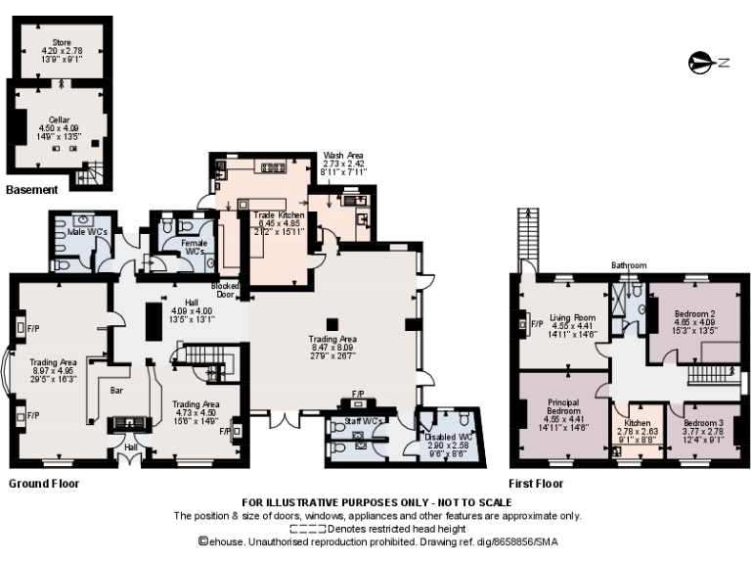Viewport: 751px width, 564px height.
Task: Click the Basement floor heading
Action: click(x=31, y=189)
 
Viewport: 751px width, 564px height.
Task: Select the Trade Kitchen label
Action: click(x=280, y=214)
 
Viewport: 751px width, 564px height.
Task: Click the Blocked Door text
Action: click(x=226, y=290)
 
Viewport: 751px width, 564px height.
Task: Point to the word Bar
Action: click(x=116, y=391)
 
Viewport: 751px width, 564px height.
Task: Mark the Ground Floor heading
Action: click(x=44, y=484)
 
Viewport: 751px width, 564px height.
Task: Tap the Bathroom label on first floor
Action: click(x=629, y=265)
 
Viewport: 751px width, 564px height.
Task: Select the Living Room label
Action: click(x=571, y=317)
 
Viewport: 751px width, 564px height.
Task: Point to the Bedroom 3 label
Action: click(x=701, y=422)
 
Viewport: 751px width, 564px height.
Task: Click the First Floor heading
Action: click(x=536, y=484)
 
